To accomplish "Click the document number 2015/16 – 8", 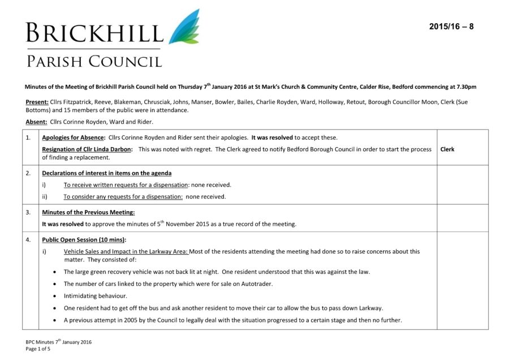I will tap(451, 27).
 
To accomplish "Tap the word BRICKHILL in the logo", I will tap(94, 33).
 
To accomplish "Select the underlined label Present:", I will tap(37, 102).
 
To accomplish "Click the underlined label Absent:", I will tap(36, 122).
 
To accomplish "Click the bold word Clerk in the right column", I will tap(447, 149).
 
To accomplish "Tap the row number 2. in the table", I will tap(28, 173).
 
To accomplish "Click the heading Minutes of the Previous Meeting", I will tap(88, 212).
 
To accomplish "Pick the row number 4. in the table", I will tap(28, 239).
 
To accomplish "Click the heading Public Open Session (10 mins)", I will tap(84, 239).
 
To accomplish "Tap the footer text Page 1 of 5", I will tap(38, 349).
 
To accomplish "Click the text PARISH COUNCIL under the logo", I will tap(94, 61).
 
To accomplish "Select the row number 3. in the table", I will tap(28, 212).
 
